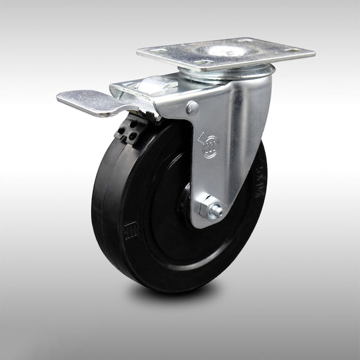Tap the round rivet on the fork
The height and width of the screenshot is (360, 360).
coord(193,108)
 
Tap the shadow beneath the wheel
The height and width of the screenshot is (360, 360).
coord(180,294)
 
